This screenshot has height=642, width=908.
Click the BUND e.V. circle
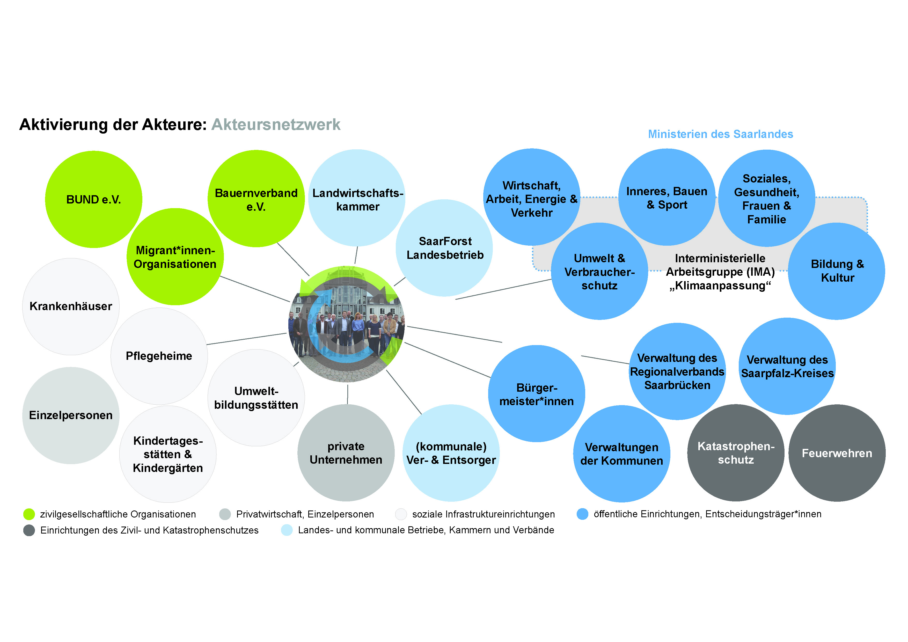coord(94,199)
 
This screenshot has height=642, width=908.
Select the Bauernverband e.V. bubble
coord(256,199)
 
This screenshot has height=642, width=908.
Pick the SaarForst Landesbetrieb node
coord(444,248)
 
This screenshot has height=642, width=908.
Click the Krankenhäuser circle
coord(71,306)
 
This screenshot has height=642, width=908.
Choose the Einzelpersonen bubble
coord(71,415)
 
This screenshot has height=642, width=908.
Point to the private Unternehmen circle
coord(346,453)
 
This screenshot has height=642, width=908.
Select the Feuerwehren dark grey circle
coord(837,453)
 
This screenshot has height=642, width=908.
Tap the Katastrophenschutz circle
coord(736,453)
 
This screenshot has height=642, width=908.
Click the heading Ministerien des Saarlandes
coord(721,134)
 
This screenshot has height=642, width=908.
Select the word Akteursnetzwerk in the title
coord(276,125)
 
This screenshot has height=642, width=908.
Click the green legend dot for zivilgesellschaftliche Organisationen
coord(29,514)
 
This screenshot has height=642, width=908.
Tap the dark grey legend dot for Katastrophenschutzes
coord(29,530)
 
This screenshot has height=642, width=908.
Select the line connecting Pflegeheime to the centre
coord(246,339)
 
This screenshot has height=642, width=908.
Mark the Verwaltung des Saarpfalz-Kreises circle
coord(787,366)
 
